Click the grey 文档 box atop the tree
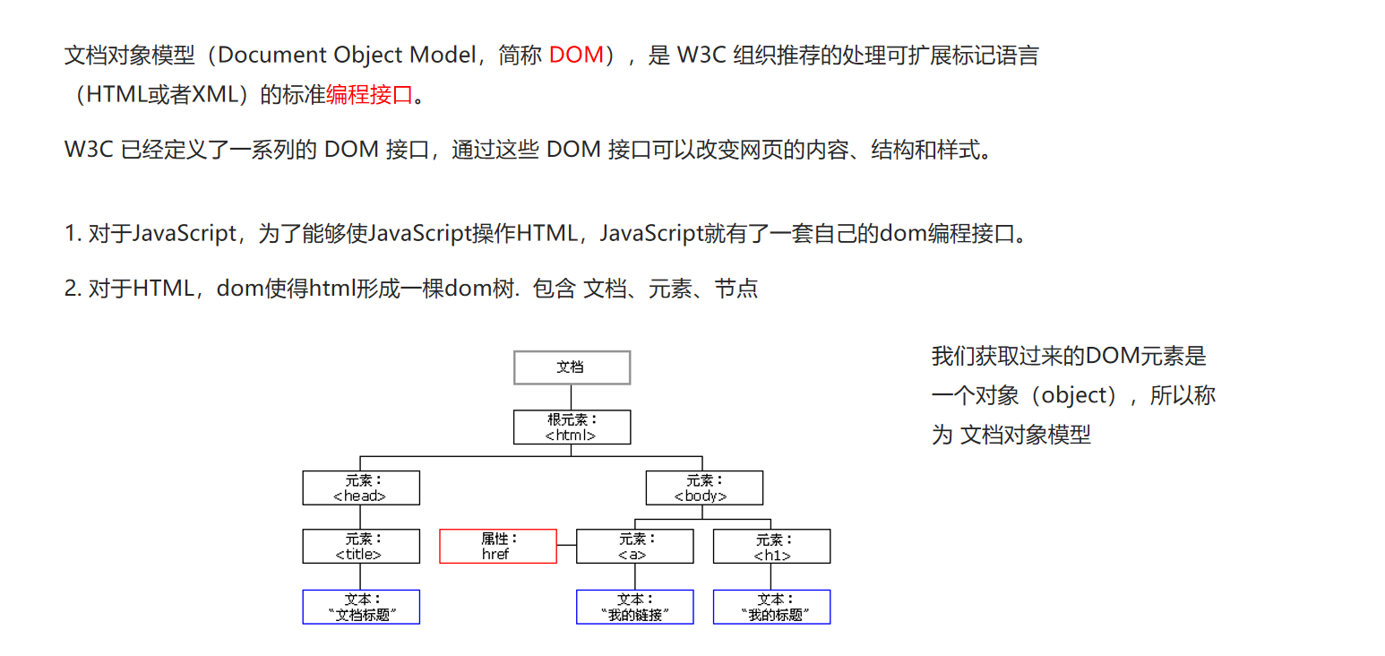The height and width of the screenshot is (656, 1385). click(572, 367)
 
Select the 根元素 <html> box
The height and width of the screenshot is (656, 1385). click(572, 427)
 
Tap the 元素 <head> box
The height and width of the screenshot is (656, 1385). click(360, 488)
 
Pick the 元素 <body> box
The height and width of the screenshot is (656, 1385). click(704, 488)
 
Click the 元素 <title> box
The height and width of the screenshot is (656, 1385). click(360, 547)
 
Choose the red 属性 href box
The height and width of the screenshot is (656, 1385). click(497, 547)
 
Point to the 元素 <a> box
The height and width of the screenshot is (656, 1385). click(634, 547)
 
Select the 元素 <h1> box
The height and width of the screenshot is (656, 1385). click(771, 547)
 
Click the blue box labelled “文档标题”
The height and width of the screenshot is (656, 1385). click(360, 607)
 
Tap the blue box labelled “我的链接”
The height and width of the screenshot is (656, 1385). click(634, 607)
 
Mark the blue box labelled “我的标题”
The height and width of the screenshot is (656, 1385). click(771, 607)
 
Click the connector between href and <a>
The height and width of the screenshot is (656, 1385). click(566, 544)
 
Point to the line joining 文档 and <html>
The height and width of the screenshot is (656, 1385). click(572, 397)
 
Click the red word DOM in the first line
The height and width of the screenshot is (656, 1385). click(576, 55)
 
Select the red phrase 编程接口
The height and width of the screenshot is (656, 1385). click(369, 94)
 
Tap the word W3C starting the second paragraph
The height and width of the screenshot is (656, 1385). click(88, 150)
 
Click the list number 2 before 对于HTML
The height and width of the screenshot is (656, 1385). click(70, 289)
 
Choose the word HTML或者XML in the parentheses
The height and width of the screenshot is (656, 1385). click(161, 94)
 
